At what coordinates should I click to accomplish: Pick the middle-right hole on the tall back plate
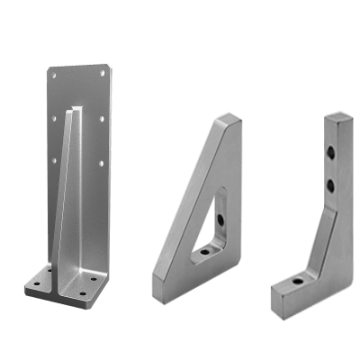pos(103,118)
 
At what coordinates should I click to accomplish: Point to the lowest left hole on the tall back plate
pos(53,161)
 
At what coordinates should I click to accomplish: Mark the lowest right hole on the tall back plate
pos(100,163)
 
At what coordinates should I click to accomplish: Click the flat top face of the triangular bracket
pos(229,118)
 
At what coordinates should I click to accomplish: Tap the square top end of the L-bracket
pos(338,116)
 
